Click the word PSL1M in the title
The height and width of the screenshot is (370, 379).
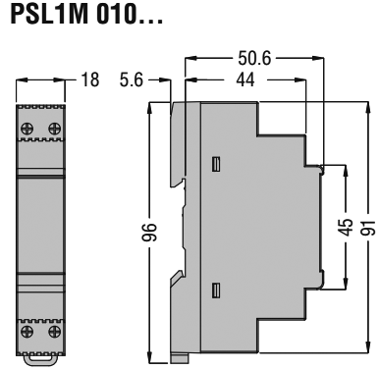coord(41,19)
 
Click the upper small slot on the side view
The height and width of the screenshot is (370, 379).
coord(214,162)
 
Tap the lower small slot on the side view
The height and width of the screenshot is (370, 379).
coord(214,289)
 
